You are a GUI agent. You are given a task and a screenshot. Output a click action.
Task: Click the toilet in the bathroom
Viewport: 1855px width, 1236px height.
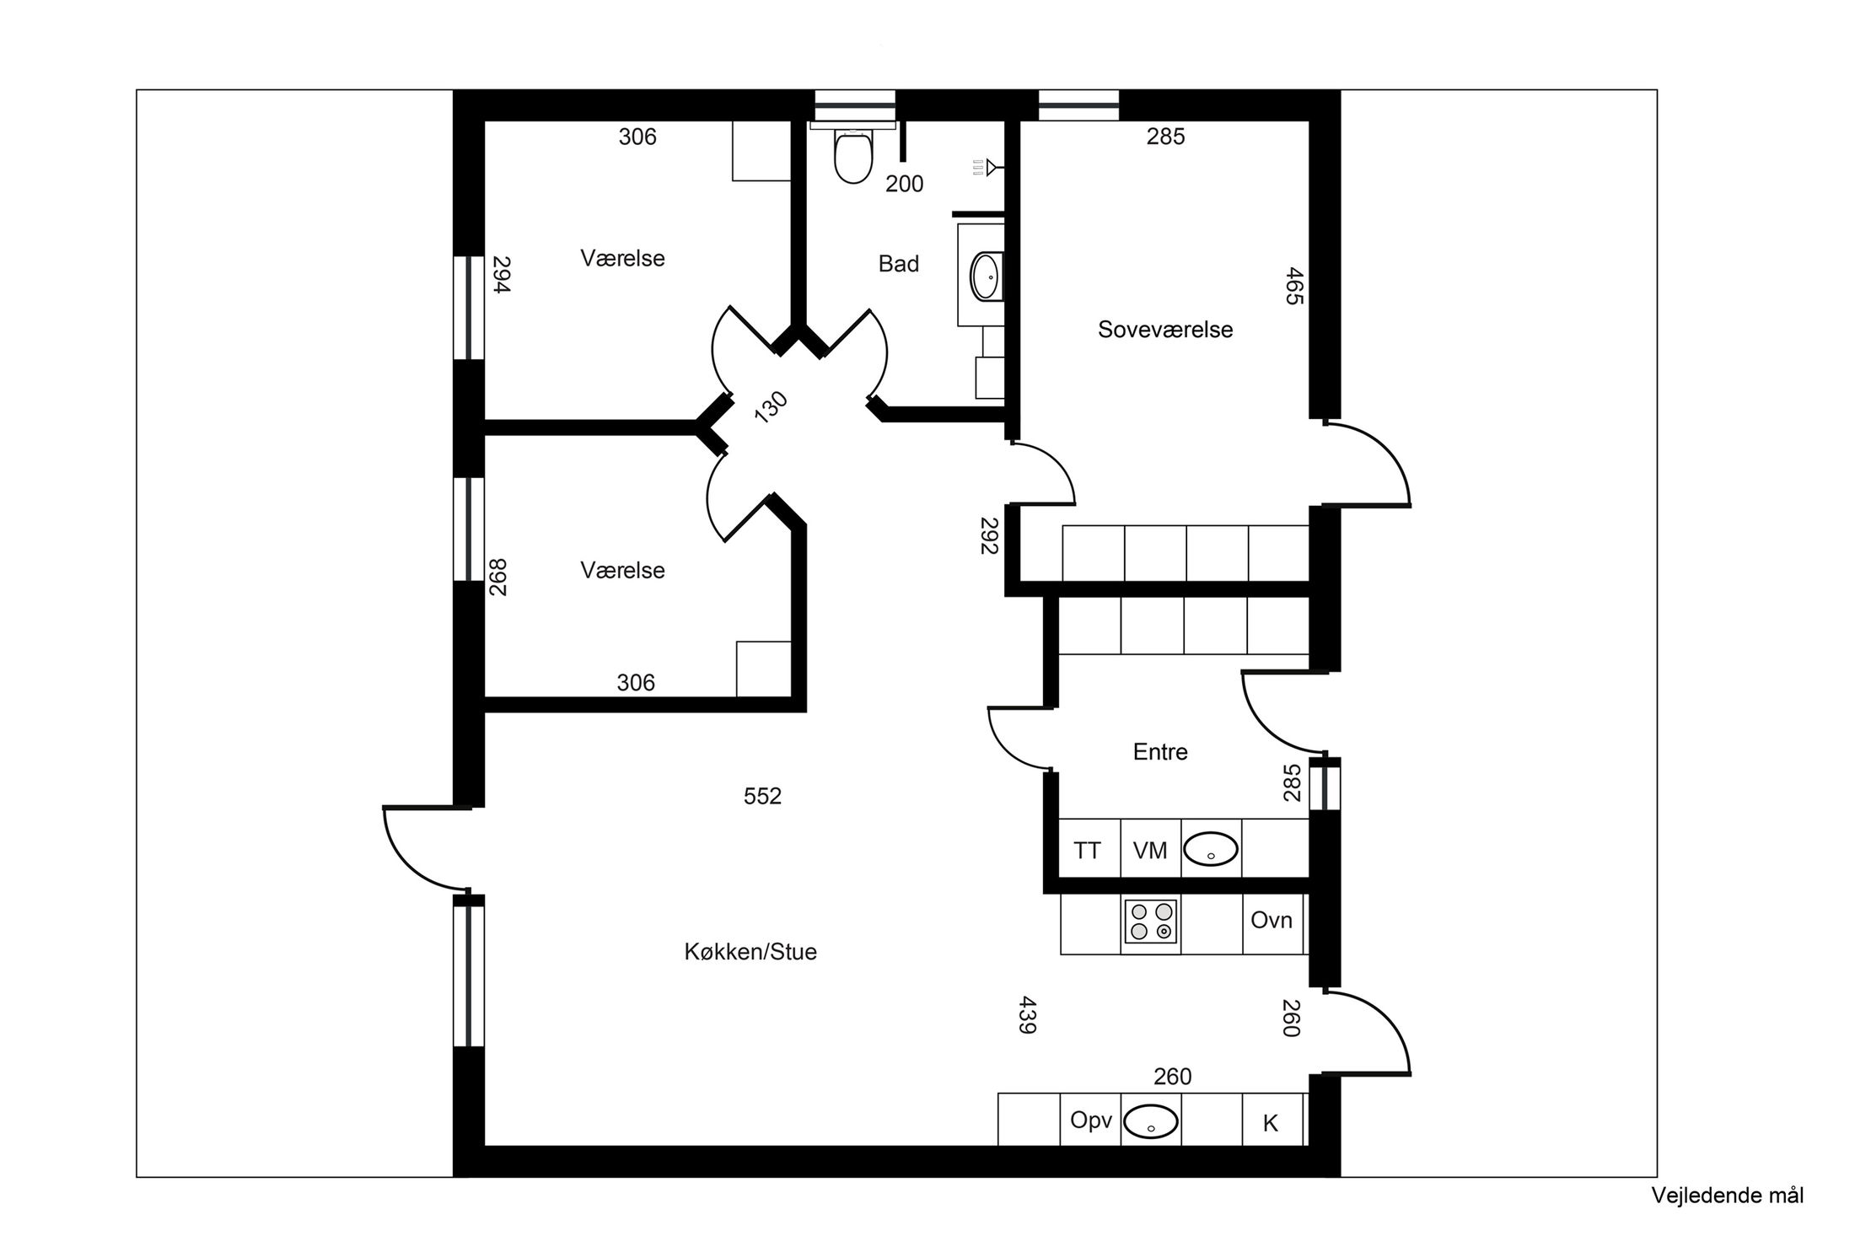click(x=852, y=156)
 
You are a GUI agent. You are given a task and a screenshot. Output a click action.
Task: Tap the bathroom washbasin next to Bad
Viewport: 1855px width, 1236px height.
click(x=985, y=275)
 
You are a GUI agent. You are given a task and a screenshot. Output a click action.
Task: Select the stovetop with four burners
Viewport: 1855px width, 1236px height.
click(x=1151, y=922)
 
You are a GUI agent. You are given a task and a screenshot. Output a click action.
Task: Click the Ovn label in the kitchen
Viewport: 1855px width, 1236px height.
click(x=1271, y=920)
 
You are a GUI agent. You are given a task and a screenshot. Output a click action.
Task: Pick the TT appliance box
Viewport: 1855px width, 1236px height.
click(x=1088, y=851)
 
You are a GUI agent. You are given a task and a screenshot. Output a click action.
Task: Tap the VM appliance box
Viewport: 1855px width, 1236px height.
click(x=1150, y=851)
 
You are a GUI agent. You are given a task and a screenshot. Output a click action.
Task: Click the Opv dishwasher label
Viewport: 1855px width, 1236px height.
click(x=1091, y=1120)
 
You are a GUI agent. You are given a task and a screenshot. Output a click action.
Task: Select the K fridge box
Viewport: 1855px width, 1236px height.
click(x=1271, y=1123)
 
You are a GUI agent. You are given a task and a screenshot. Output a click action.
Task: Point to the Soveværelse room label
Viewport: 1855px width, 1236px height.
click(x=1164, y=330)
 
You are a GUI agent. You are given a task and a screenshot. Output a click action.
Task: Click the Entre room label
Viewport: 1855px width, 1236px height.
click(x=1160, y=752)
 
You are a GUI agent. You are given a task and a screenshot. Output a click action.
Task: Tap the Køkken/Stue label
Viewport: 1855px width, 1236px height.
click(x=750, y=952)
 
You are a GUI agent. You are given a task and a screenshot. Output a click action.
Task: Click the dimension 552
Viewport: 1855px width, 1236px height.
click(x=762, y=796)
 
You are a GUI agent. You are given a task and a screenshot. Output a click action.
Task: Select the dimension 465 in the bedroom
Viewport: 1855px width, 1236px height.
click(x=1294, y=286)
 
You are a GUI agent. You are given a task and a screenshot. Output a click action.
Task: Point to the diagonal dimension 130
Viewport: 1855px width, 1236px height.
click(x=771, y=407)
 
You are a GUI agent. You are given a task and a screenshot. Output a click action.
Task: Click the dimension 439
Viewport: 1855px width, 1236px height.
click(x=1027, y=1015)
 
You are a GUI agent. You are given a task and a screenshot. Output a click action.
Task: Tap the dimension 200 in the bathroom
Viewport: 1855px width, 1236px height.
click(x=904, y=184)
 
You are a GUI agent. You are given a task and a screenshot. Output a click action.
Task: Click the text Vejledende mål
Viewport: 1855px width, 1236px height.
click(x=1728, y=1195)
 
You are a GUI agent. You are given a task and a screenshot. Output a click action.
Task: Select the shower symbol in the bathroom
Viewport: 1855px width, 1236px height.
click(x=987, y=167)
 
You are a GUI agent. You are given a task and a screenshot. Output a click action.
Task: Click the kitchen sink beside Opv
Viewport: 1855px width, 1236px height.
click(x=1151, y=1122)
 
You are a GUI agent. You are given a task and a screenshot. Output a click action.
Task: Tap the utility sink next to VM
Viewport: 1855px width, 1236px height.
click(x=1211, y=850)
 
